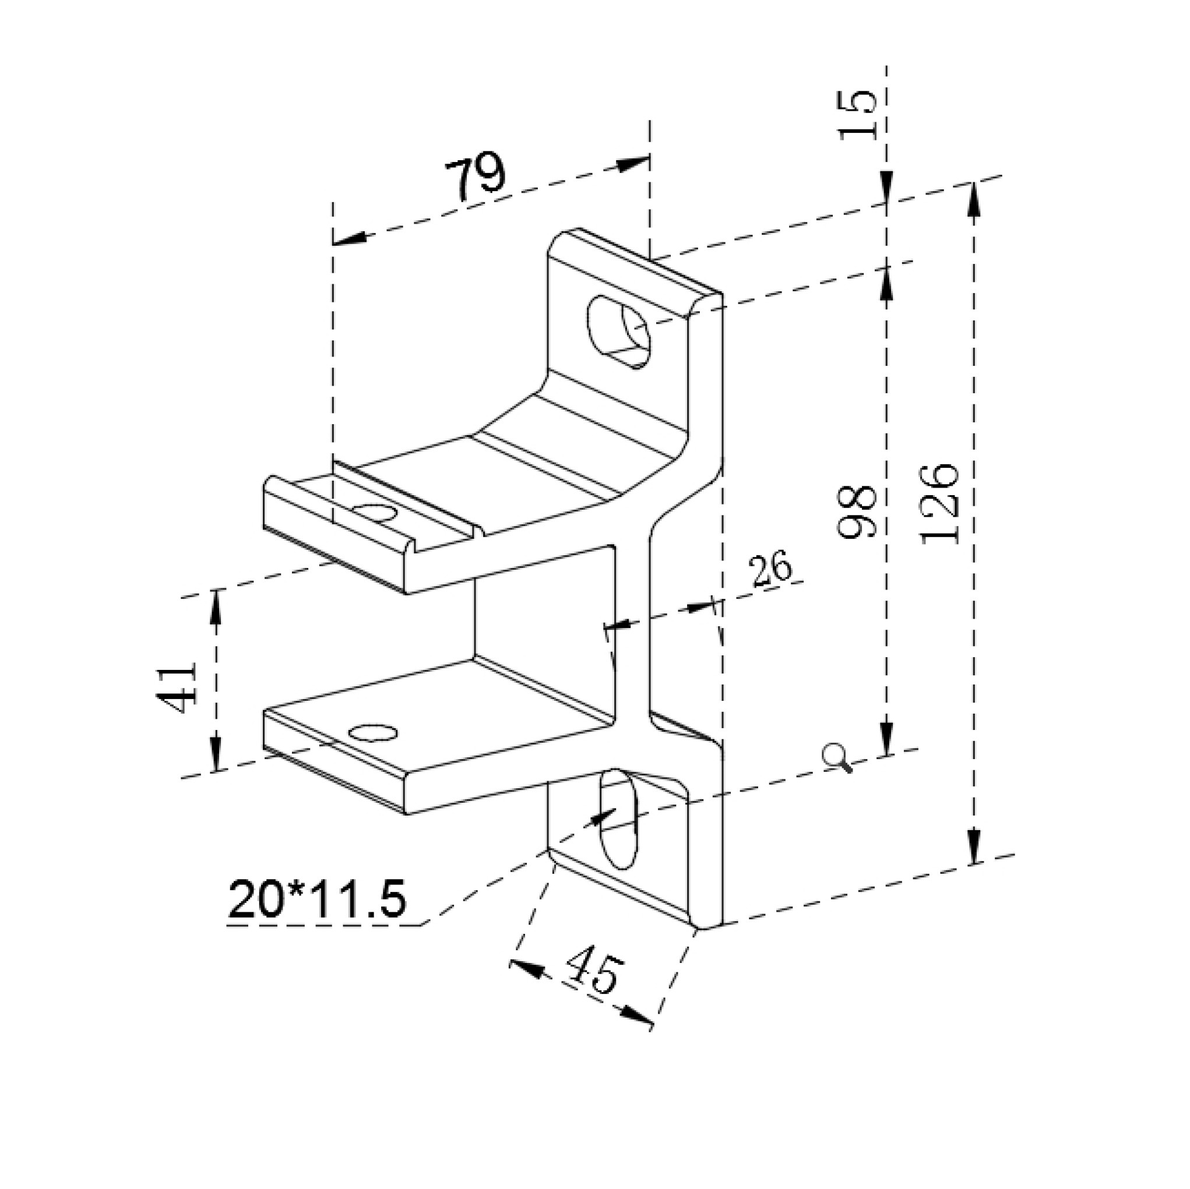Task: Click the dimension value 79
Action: [x=475, y=179]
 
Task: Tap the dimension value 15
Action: [x=859, y=115]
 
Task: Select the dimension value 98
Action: [x=857, y=511]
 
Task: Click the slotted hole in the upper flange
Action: [x=620, y=332]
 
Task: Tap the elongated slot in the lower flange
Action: [x=619, y=818]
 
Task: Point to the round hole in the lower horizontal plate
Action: [x=372, y=733]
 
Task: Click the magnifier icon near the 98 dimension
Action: [x=839, y=757]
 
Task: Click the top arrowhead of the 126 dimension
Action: [x=973, y=200]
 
